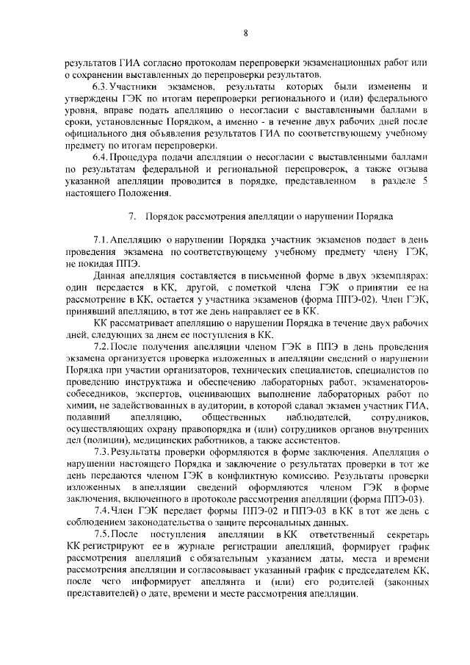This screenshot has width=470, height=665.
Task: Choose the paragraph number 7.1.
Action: (101, 240)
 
